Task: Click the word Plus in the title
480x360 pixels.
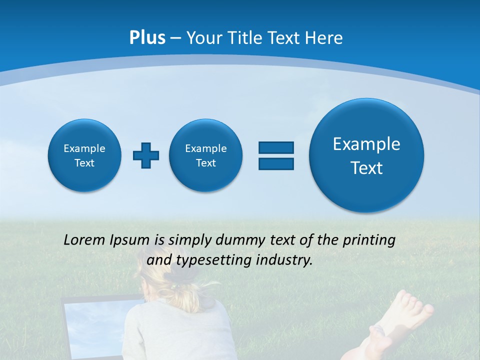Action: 147,38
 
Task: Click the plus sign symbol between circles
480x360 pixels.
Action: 146,155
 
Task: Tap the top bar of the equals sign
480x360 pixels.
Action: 276,147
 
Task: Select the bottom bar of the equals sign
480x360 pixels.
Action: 276,163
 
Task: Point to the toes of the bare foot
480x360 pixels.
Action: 412,302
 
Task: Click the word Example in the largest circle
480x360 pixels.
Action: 366,144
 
